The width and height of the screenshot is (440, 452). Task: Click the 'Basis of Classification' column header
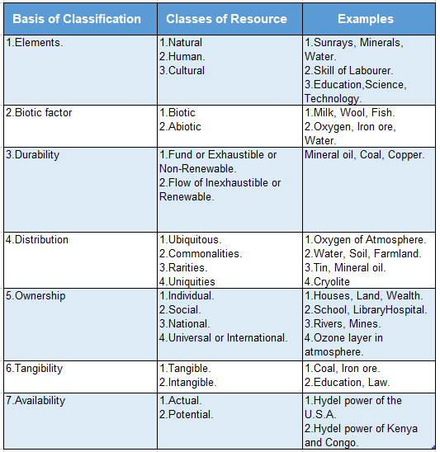[x=78, y=18]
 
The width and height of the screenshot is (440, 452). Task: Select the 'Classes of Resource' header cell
[x=226, y=18]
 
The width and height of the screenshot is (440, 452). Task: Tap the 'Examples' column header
[x=366, y=18]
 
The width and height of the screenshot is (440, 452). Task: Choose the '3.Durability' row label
[x=33, y=155]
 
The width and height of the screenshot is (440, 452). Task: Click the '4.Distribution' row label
[x=36, y=240]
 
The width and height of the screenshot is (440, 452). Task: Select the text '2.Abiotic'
[x=180, y=127]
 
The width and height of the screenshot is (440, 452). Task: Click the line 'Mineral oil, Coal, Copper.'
[x=364, y=155]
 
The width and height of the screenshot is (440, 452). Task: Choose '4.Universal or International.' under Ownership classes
[x=223, y=338]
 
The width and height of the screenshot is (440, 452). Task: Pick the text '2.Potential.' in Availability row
[x=186, y=415]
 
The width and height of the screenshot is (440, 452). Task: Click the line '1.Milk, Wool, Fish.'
[x=349, y=113]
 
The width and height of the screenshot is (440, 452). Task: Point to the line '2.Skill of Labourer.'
[x=348, y=71]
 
